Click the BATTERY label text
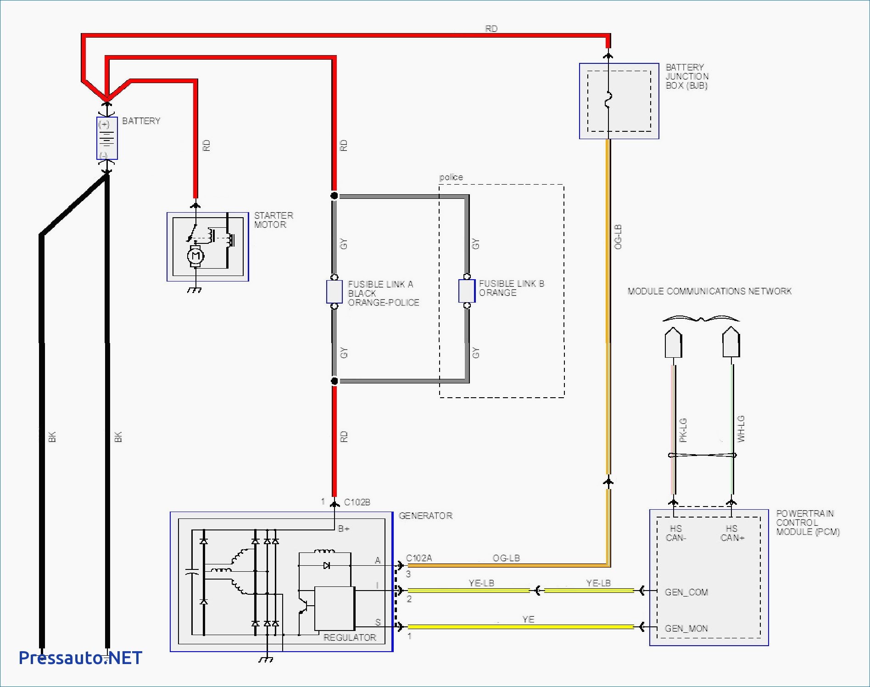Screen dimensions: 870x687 pos(141,121)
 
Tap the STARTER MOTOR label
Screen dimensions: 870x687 pos(273,220)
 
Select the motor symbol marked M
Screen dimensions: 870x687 pos(195,256)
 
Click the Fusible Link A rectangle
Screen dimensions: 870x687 pos(335,292)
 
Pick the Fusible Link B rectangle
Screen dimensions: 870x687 pos(467,291)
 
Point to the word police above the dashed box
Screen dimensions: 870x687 pos(451,177)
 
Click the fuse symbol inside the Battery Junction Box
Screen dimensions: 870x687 pos(608,100)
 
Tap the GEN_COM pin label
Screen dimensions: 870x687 pos(686,592)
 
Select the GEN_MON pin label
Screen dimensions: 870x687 pos(686,629)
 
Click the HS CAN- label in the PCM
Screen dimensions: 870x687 pos(676,533)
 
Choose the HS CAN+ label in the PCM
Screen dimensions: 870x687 pos(732,533)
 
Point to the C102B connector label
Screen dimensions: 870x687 pos(357,502)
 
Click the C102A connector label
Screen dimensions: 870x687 pos(419,558)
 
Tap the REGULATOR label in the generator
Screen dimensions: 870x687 pos(350,637)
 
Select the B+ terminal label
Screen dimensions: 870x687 pos(344,529)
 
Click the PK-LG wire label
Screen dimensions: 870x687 pos(683,430)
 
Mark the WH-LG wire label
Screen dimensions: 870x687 pos(741,429)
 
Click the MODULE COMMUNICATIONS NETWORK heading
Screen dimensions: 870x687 pos(709,291)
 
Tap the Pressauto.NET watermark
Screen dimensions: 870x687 pos(80,658)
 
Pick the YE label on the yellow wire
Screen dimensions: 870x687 pos(528,619)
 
